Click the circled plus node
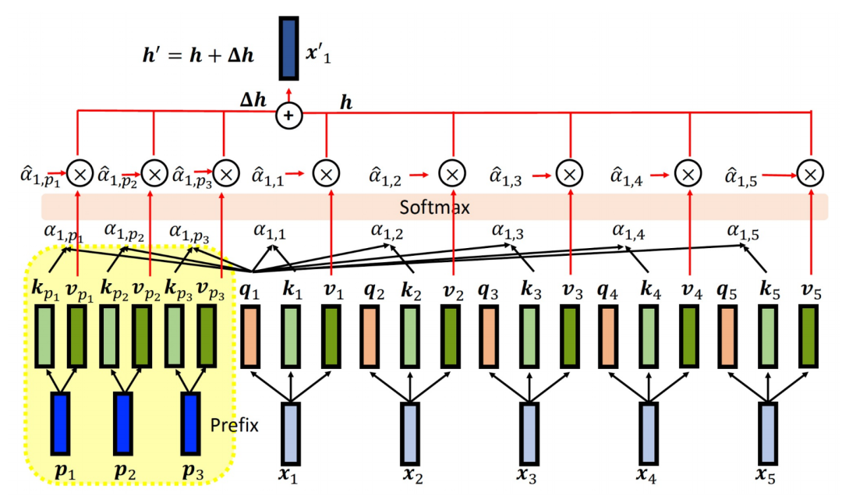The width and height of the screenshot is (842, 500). [x=289, y=115]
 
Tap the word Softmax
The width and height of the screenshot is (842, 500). [x=434, y=207]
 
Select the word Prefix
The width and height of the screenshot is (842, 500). [x=234, y=425]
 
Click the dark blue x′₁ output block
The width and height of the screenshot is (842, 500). [x=289, y=48]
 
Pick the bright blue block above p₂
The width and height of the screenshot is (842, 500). [x=123, y=424]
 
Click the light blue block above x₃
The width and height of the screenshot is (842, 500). [x=529, y=434]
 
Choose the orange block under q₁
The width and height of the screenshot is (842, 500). [x=250, y=337]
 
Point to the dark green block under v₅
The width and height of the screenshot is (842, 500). [x=808, y=337]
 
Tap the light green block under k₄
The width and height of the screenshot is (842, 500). [x=649, y=337]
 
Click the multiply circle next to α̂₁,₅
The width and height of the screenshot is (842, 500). [x=810, y=173]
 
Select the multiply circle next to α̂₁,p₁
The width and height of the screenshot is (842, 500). [x=80, y=173]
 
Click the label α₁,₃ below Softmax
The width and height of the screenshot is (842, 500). [x=508, y=232]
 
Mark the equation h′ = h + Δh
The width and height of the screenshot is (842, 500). [x=198, y=55]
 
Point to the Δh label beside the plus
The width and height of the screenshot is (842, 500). [x=253, y=99]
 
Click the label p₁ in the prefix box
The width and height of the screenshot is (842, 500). [x=65, y=472]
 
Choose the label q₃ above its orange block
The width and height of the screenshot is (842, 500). [x=488, y=292]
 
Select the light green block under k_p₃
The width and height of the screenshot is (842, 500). [x=175, y=337]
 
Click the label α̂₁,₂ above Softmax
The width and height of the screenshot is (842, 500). [x=385, y=176]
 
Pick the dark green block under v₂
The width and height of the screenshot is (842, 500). [x=450, y=337]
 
